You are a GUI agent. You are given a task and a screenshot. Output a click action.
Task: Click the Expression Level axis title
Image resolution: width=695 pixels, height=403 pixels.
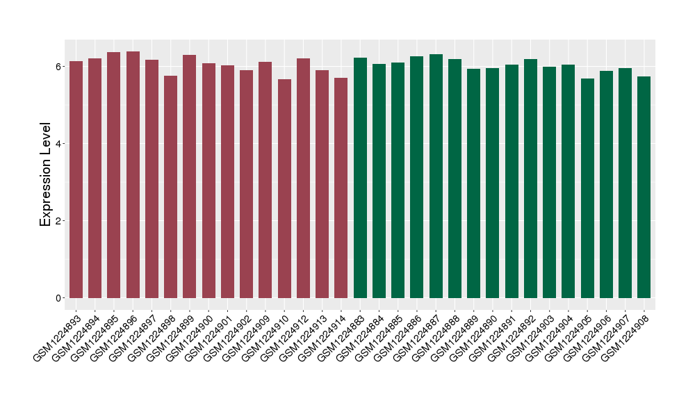coord(46,174)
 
